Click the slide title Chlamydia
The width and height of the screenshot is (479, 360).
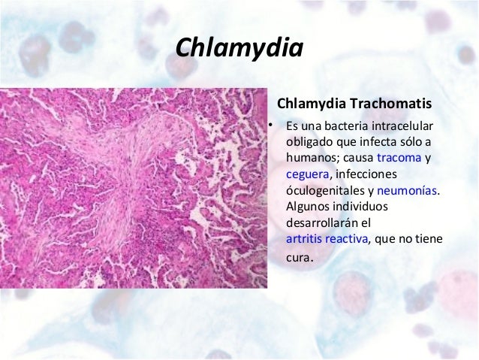[239, 48]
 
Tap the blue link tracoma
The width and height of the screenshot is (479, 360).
[399, 158]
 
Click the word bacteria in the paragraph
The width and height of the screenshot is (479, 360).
[346, 125]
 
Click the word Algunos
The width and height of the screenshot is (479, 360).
[306, 207]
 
